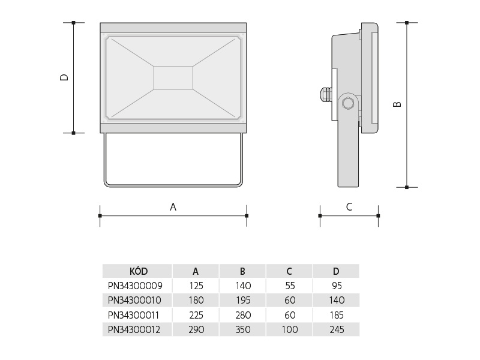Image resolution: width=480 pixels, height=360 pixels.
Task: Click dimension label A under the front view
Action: (x=173, y=207)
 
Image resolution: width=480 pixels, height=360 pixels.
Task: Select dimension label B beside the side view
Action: (x=397, y=104)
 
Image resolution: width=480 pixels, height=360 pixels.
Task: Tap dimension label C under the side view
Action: (x=349, y=207)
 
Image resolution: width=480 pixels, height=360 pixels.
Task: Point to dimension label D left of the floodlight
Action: (x=64, y=77)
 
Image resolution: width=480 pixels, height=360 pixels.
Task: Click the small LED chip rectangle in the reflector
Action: (x=173, y=78)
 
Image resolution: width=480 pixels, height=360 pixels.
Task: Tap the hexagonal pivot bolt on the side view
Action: (x=348, y=103)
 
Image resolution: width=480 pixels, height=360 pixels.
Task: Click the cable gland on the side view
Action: (x=326, y=95)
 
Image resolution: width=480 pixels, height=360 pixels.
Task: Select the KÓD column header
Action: (x=139, y=271)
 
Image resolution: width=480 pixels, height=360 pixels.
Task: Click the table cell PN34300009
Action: (x=135, y=286)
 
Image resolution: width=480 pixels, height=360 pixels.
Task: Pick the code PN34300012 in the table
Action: (x=134, y=329)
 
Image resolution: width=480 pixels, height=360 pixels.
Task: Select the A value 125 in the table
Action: (x=196, y=286)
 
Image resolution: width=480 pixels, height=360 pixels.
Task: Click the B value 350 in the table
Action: (x=243, y=329)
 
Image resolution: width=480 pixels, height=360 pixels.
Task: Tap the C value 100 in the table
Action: (x=290, y=329)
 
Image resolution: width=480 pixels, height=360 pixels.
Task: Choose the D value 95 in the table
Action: (x=337, y=286)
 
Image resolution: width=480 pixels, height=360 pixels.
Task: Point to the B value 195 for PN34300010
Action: (x=243, y=301)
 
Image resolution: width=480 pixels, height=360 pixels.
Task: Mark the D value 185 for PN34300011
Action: (x=337, y=315)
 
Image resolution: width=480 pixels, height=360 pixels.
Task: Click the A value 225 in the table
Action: (x=196, y=315)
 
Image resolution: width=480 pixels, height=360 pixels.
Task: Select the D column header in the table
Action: (x=336, y=271)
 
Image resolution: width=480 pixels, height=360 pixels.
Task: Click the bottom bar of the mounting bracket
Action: (x=173, y=185)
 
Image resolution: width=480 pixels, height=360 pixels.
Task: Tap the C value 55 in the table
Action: (x=290, y=286)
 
